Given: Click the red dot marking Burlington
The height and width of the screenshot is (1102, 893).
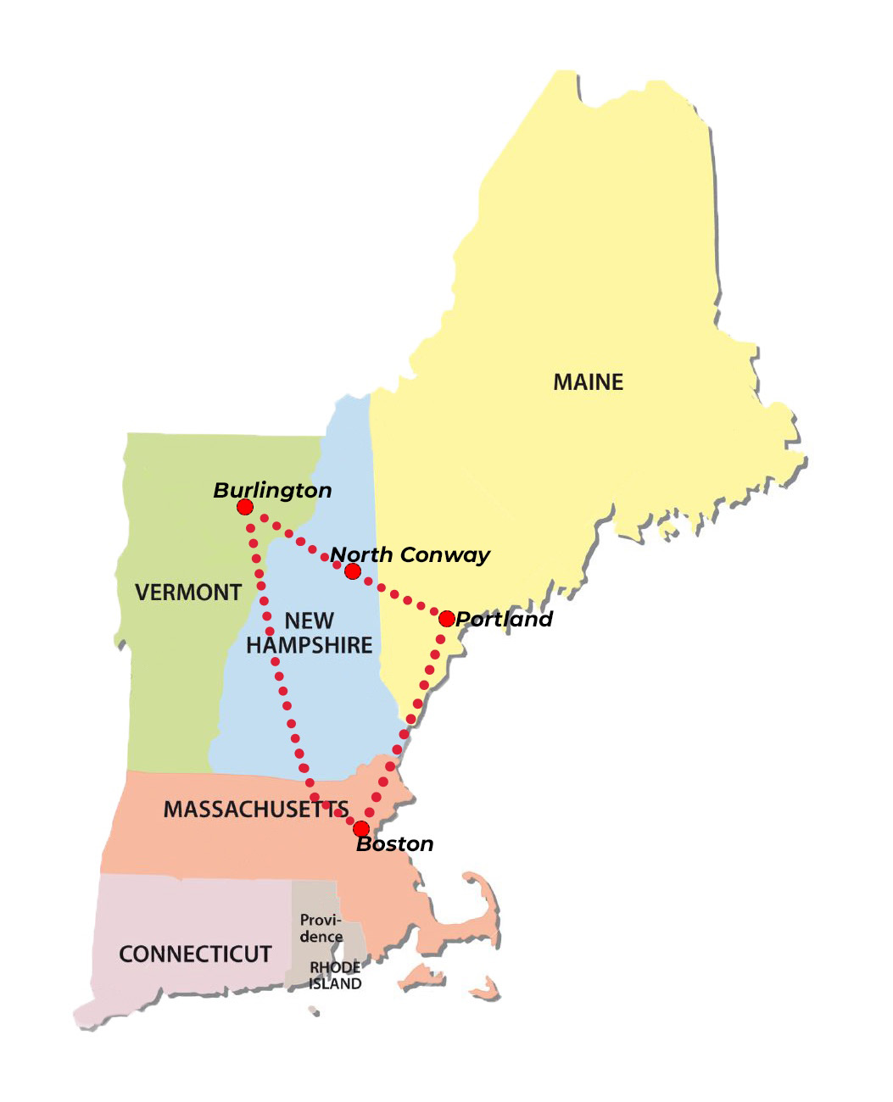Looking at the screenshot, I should (245, 507).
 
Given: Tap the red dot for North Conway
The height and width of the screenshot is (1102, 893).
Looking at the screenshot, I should (353, 571).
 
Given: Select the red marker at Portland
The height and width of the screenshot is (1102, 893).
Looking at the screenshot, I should (447, 619).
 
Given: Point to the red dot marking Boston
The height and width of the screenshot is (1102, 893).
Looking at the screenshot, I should (361, 828).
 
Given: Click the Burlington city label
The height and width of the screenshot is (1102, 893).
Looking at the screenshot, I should (272, 490).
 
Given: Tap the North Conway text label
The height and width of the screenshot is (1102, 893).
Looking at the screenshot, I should (410, 555).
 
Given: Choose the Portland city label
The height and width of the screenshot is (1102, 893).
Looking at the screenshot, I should (505, 619).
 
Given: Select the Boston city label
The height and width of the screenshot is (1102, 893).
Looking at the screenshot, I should (395, 844).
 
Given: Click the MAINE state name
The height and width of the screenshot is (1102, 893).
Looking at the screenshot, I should (589, 382).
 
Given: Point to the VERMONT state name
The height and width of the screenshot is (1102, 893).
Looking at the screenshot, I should (188, 592).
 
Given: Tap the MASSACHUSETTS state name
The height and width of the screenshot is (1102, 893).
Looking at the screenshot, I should (255, 810).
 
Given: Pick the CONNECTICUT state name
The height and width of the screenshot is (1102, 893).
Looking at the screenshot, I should (195, 955).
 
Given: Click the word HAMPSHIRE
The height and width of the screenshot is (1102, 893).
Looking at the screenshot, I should (310, 645).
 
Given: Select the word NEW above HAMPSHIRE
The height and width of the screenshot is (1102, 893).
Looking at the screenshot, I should (309, 621).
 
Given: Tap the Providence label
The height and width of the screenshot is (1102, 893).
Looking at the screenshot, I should (321, 928).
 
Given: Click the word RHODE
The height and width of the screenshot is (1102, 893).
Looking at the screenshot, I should (335, 967).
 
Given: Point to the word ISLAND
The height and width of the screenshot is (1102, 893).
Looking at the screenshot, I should (335, 984).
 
